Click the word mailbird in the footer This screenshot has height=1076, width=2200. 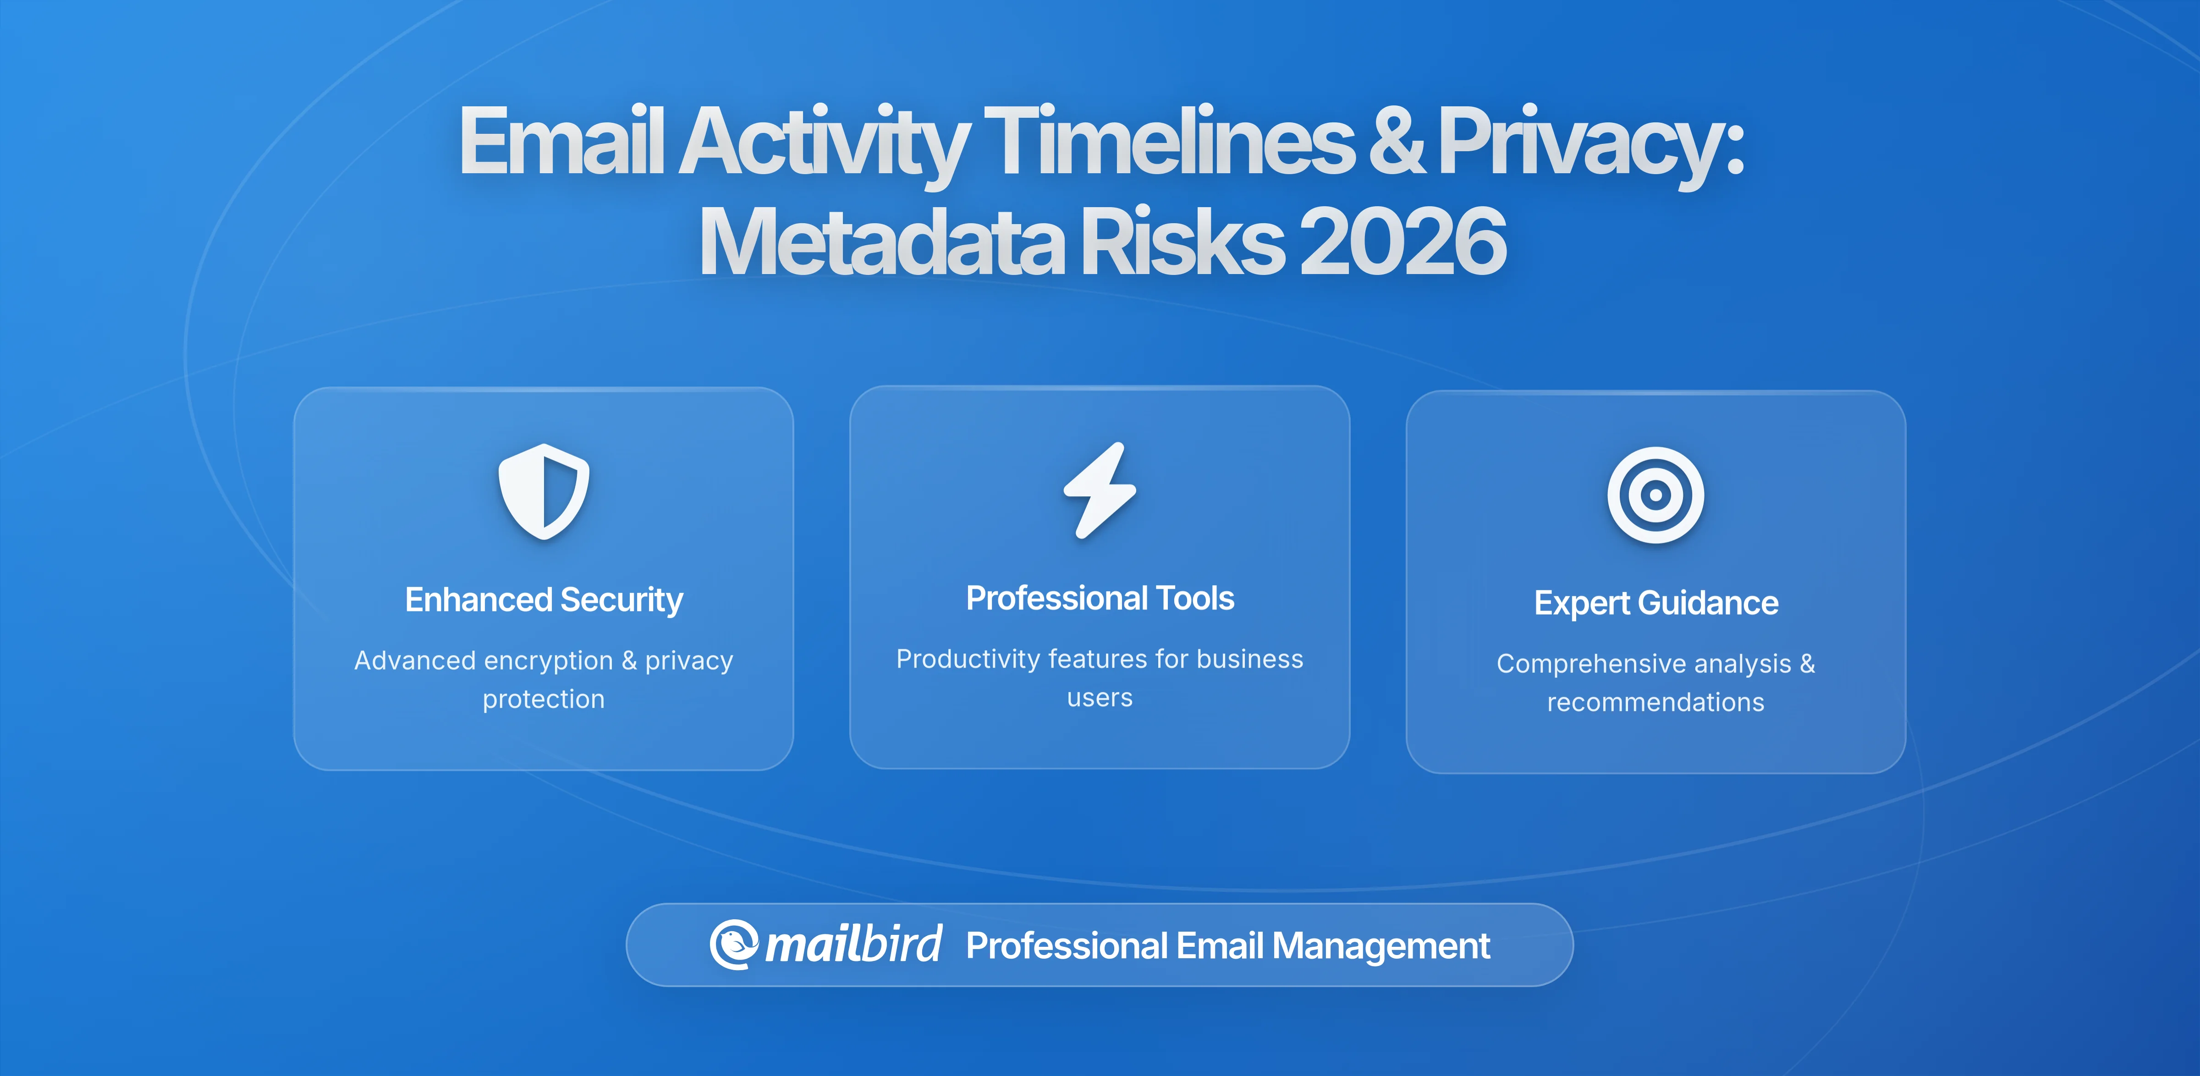tap(853, 944)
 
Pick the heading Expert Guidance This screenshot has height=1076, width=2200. tap(1655, 603)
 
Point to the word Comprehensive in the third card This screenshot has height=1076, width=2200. tap(1589, 664)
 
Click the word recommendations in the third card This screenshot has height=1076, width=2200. tap(1655, 702)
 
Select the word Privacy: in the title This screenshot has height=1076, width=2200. tap(1590, 141)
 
